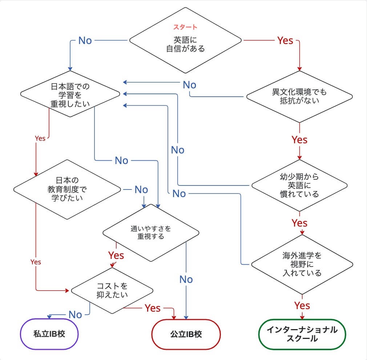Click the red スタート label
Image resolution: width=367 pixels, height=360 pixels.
(x=185, y=27)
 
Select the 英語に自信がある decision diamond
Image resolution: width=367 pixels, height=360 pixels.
(x=185, y=44)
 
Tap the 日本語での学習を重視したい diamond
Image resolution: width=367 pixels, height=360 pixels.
(x=70, y=93)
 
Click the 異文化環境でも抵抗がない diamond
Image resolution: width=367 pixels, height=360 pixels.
(x=299, y=97)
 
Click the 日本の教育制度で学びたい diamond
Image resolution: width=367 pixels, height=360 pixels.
(x=67, y=189)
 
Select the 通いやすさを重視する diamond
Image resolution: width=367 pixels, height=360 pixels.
(x=151, y=233)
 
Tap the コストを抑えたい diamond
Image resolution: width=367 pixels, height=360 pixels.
(x=112, y=290)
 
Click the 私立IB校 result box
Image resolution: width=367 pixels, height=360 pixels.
(x=49, y=333)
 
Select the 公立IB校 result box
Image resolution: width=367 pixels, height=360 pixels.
(x=186, y=334)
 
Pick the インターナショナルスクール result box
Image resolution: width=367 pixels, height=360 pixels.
(x=302, y=334)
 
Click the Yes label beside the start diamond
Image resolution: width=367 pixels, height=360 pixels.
(x=285, y=40)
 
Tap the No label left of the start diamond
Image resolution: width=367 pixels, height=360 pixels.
(x=85, y=40)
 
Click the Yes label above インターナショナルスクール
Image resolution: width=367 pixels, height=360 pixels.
(x=302, y=305)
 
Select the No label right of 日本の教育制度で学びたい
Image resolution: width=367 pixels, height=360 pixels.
(x=141, y=189)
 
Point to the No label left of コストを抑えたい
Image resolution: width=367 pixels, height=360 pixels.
(x=75, y=315)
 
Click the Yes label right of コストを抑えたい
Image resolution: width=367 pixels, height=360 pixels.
(x=153, y=308)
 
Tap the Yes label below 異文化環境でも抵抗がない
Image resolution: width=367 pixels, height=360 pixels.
(x=299, y=140)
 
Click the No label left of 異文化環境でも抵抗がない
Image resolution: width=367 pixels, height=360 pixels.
(x=189, y=85)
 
